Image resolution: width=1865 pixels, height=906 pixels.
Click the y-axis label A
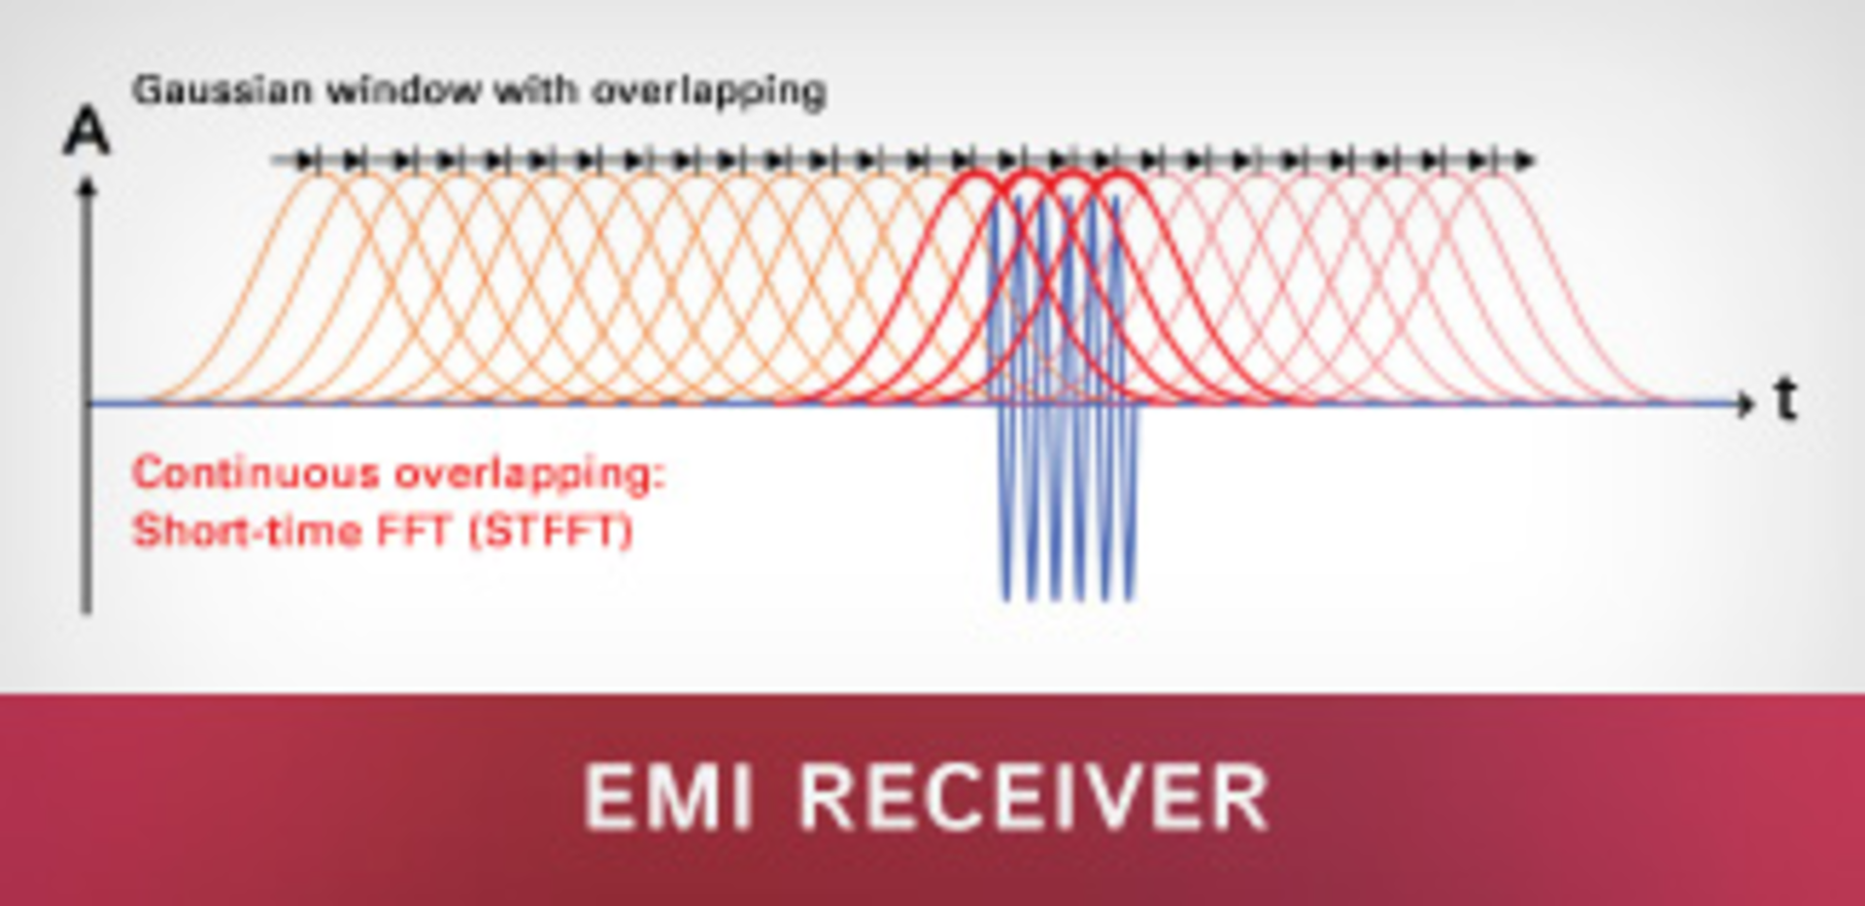[x=86, y=133]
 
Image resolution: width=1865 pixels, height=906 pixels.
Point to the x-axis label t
[x=1785, y=399]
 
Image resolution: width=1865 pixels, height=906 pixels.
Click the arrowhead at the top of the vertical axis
[x=86, y=185]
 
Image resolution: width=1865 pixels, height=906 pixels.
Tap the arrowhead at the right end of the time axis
[x=1746, y=402]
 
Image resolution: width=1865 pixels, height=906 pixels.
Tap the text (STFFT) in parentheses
[x=550, y=531]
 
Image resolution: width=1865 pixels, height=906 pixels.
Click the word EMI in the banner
[x=668, y=796]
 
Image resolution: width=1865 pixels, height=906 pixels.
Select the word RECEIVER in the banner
[x=1034, y=796]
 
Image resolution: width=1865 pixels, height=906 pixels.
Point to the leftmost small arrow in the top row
[x=305, y=160]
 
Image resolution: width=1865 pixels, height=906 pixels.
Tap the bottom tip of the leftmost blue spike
[x=1006, y=597]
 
